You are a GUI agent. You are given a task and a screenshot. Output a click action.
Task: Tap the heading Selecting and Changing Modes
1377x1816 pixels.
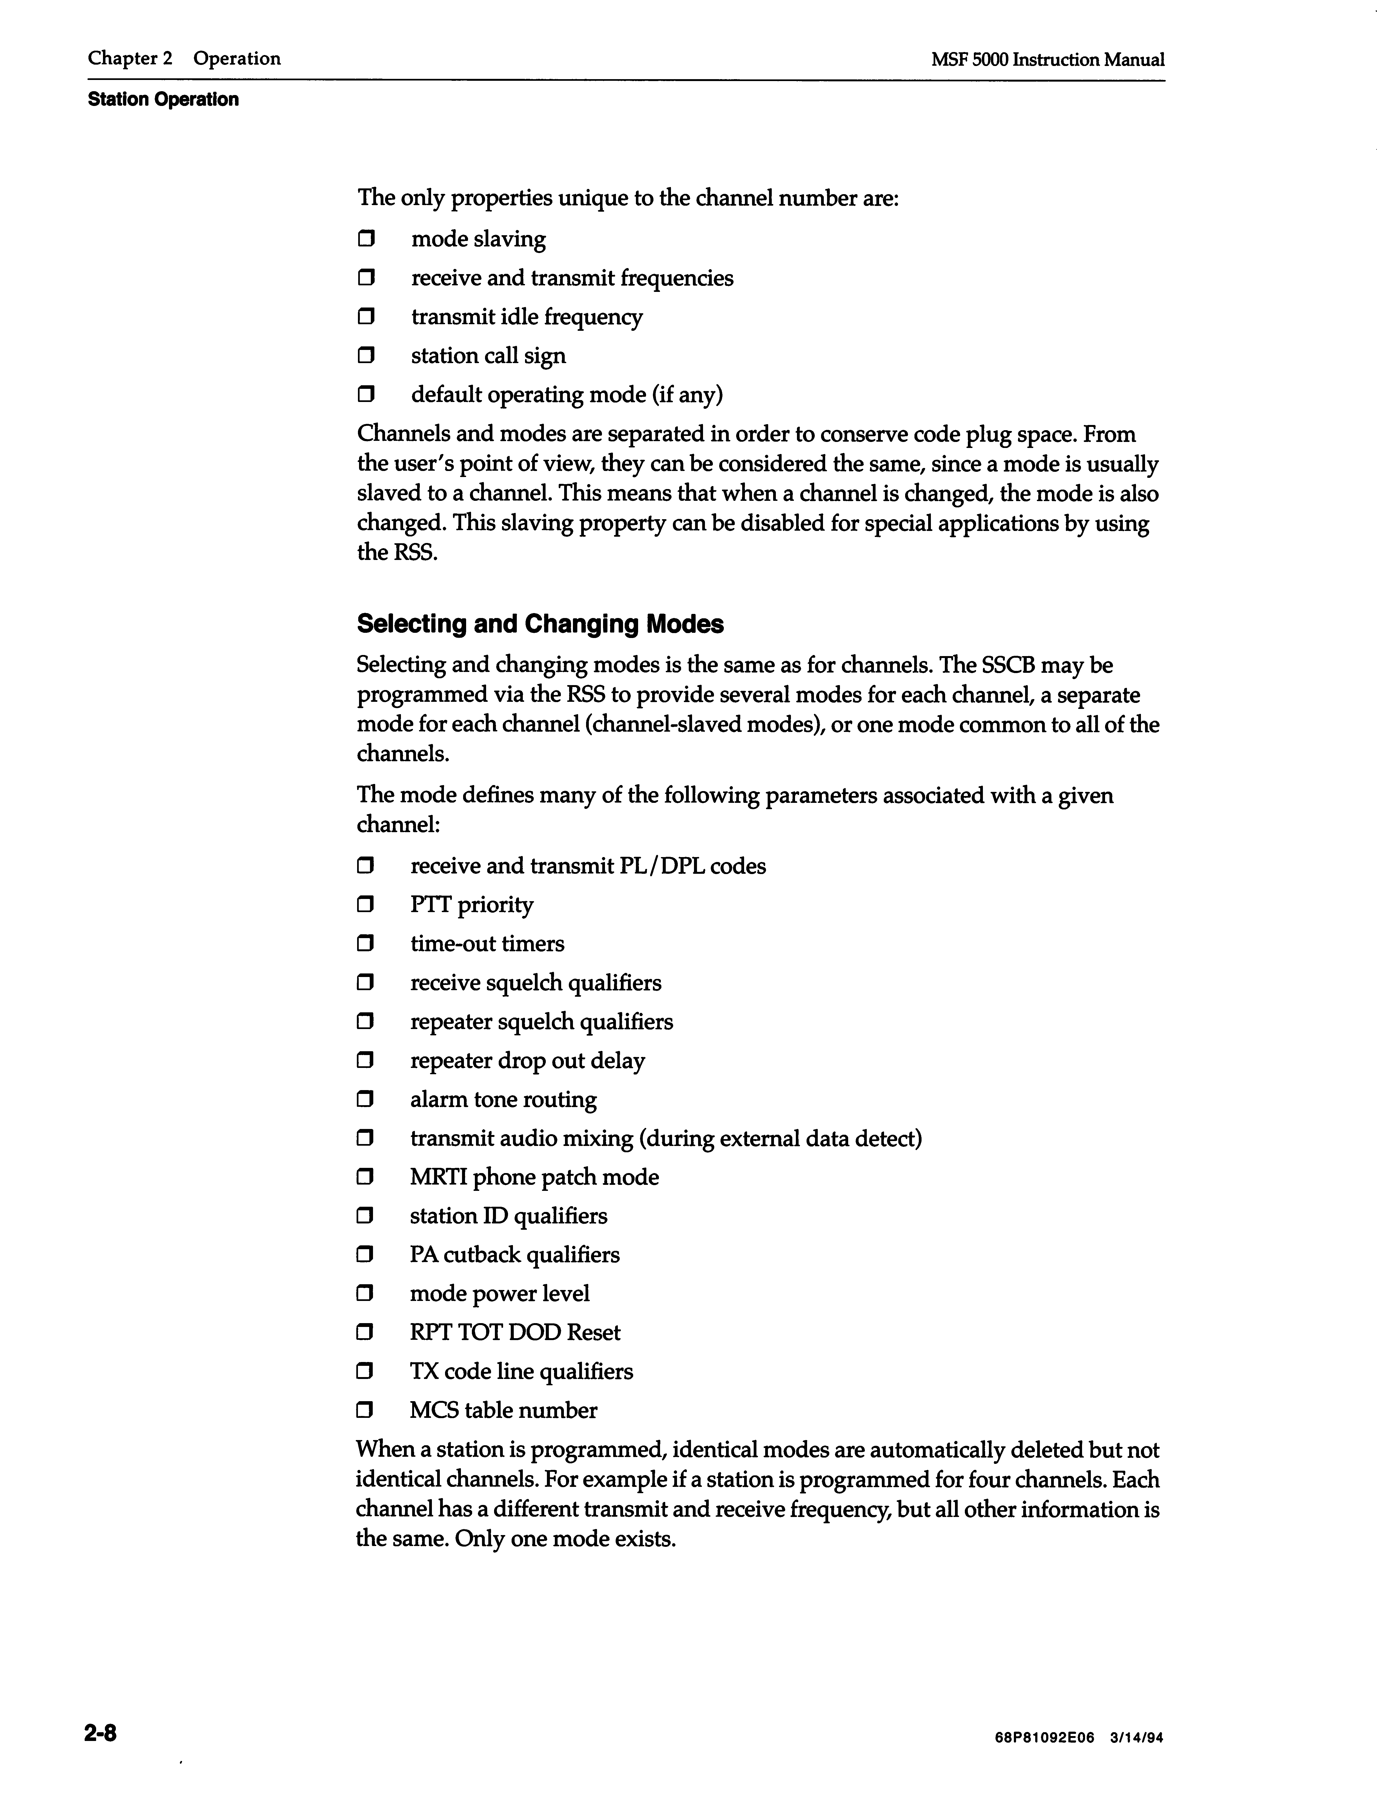[x=540, y=624]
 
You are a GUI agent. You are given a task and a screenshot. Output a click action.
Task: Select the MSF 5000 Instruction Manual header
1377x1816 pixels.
[x=1048, y=60]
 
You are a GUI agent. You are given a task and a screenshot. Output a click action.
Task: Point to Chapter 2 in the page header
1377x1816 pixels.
[x=130, y=58]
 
